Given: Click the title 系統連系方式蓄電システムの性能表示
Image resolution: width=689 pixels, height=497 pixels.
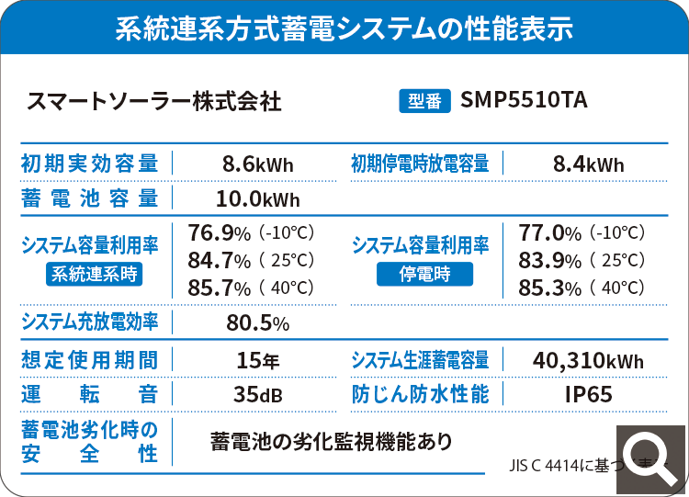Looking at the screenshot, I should click(x=344, y=28).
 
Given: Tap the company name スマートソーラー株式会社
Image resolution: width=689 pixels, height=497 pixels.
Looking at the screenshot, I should click(x=154, y=100).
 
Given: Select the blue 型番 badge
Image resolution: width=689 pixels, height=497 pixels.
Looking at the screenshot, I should click(x=424, y=100).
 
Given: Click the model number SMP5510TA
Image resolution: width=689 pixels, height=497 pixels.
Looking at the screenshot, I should click(x=524, y=100).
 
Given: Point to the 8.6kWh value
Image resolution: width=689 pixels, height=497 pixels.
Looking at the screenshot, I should click(x=257, y=165).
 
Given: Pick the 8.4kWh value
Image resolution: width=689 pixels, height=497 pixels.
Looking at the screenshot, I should click(x=589, y=165).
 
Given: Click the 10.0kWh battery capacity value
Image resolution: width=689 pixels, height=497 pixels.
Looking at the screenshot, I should click(x=257, y=198).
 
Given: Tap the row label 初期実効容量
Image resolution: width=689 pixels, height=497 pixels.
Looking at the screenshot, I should click(x=89, y=164).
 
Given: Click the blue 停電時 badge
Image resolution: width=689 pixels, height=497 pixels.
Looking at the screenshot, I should click(x=424, y=273).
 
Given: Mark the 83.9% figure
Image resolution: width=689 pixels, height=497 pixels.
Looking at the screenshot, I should click(x=550, y=260).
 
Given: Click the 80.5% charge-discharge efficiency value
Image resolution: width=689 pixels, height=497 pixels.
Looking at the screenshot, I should click(x=257, y=322).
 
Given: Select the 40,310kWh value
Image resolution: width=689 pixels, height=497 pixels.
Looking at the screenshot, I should click(x=588, y=360).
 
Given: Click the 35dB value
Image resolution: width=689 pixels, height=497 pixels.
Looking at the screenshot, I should click(x=257, y=395).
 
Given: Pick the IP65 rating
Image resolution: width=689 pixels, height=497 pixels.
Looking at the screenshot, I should click(x=588, y=395).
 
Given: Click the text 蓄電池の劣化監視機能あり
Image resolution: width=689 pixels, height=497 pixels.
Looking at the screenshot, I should click(x=331, y=441).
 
